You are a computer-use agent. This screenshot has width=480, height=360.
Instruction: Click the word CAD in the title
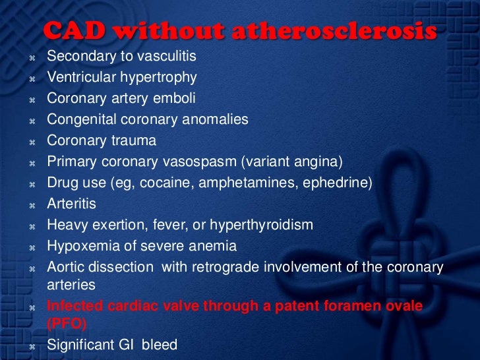coord(74,30)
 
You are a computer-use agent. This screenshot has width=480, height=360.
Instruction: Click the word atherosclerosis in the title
coord(334,30)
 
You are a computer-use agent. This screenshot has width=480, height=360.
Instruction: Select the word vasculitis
coord(167,55)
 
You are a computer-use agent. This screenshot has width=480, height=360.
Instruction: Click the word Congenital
coord(82,119)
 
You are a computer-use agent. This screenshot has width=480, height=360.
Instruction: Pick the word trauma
coord(134,140)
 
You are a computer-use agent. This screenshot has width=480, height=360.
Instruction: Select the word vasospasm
coord(200,162)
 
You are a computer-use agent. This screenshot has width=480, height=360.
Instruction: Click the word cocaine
coord(166,183)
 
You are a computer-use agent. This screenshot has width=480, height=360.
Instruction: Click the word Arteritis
coord(71,204)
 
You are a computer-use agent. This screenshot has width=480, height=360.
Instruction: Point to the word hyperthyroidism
coord(261,225)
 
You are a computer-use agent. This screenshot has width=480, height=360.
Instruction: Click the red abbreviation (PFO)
coord(67,324)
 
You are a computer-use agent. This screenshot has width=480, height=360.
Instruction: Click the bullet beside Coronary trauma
coord(32,142)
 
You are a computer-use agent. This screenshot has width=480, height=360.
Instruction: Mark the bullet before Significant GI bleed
coord(32,347)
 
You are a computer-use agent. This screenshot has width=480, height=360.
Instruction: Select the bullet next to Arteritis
coord(32,206)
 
